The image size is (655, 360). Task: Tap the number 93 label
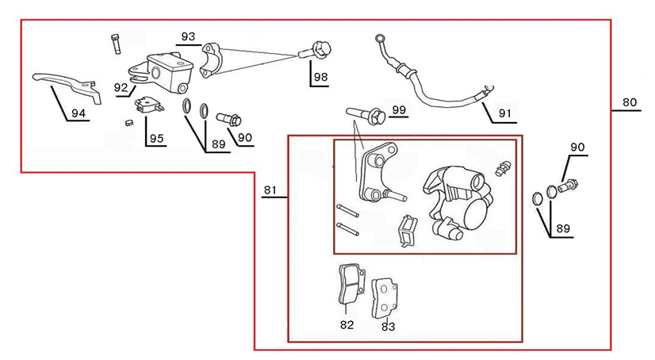188,37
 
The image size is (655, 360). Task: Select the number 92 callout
121,87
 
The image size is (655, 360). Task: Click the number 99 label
398,109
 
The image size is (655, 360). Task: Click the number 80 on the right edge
629,102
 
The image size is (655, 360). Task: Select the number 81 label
270,190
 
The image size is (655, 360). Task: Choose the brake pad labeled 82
347,285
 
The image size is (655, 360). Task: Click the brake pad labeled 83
387,296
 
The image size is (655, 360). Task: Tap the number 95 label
156,139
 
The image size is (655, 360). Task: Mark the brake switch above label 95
147,105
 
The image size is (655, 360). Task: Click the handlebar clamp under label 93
213,60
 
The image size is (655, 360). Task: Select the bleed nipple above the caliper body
500,168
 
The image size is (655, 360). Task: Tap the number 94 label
78,113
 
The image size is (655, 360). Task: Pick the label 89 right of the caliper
564,228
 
